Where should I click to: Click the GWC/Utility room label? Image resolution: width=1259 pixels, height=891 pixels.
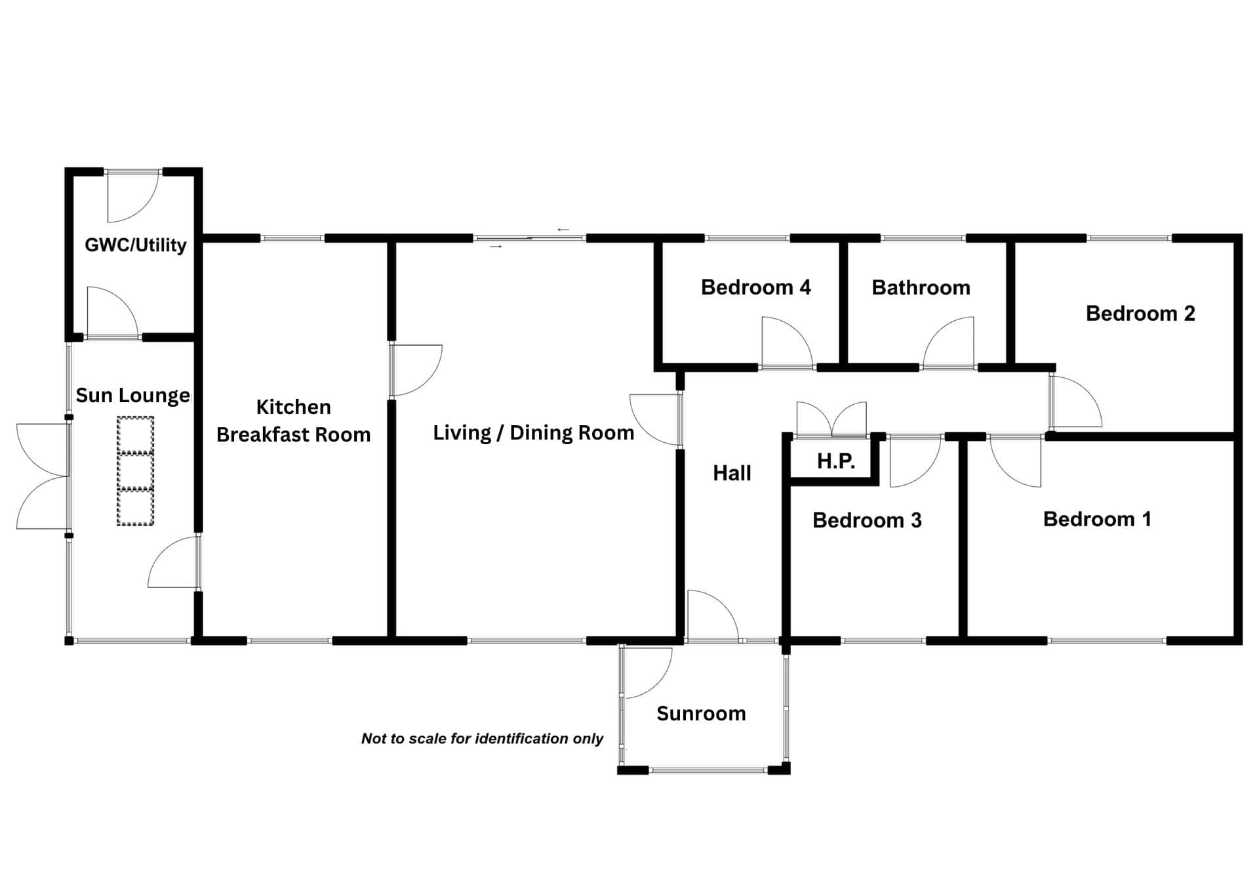(136, 245)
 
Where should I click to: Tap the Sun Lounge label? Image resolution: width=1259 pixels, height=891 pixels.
(132, 395)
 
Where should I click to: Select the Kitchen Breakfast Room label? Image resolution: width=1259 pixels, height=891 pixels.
(293, 421)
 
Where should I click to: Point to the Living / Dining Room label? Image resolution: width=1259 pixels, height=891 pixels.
(533, 432)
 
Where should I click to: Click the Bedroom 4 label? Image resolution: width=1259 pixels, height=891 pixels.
(755, 287)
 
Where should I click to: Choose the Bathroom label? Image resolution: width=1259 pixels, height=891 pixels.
(921, 287)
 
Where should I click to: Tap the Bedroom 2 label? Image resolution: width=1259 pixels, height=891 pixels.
(1140, 314)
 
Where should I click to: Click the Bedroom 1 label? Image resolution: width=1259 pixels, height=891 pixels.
(1097, 519)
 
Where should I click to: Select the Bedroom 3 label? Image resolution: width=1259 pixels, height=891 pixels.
(867, 520)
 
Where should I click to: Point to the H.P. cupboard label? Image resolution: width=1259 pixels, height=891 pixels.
(835, 461)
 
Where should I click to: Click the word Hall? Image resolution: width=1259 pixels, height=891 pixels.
(732, 473)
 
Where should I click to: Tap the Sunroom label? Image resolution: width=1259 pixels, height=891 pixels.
(701, 713)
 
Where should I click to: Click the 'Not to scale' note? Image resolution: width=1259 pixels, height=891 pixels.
(482, 739)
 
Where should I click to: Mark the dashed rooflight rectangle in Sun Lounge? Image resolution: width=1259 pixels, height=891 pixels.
(136, 470)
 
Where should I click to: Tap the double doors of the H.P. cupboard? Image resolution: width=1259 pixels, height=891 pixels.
(831, 419)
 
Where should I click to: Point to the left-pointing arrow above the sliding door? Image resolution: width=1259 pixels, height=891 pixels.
(563, 230)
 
